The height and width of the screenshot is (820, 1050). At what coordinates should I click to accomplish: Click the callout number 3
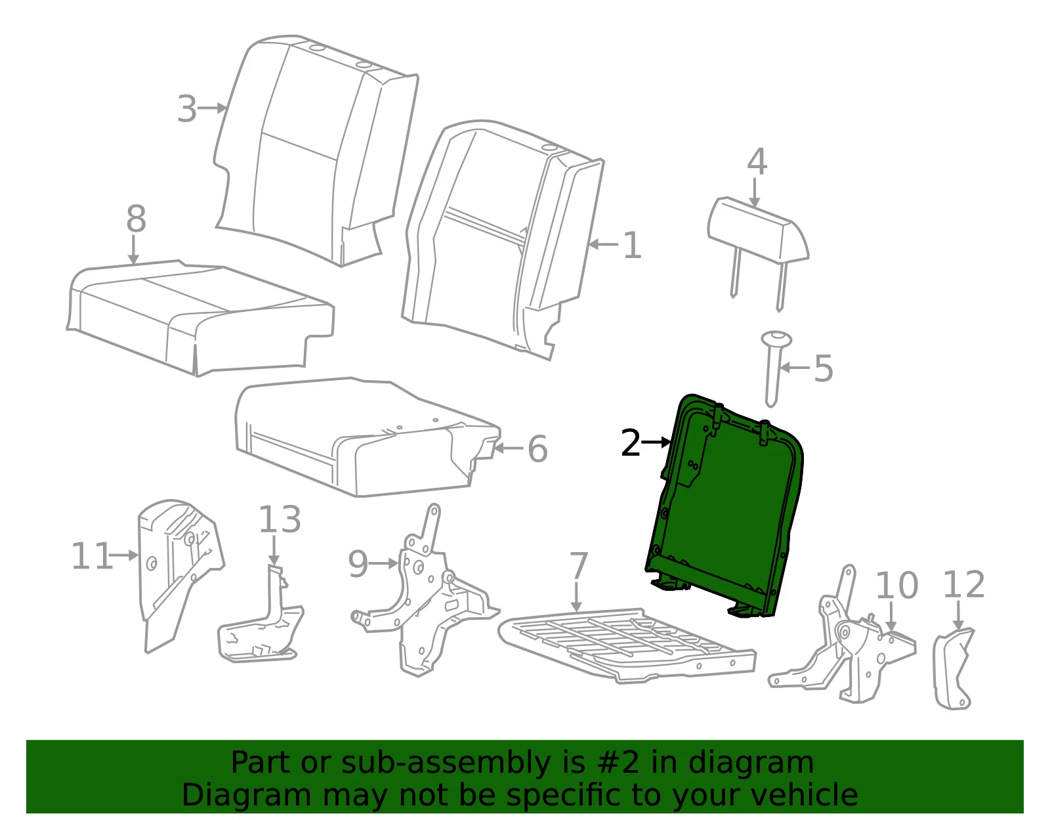pyautogui.click(x=187, y=109)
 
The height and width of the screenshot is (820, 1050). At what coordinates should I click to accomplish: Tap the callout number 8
pyautogui.click(x=136, y=219)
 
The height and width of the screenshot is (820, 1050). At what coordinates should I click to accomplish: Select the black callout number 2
pyautogui.click(x=631, y=442)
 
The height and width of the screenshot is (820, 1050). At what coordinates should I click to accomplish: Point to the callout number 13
pyautogui.click(x=280, y=519)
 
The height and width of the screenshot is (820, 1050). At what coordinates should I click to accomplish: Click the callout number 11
pyautogui.click(x=91, y=556)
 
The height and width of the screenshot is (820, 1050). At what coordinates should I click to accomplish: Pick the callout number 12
pyautogui.click(x=963, y=585)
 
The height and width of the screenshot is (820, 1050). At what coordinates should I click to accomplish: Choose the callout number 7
pyautogui.click(x=578, y=566)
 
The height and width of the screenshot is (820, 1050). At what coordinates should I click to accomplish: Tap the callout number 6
pyautogui.click(x=537, y=449)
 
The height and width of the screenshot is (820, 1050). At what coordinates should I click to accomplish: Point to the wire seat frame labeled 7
pyautogui.click(x=627, y=645)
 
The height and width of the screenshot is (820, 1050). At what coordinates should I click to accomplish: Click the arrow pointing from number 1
pyautogui.click(x=604, y=244)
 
